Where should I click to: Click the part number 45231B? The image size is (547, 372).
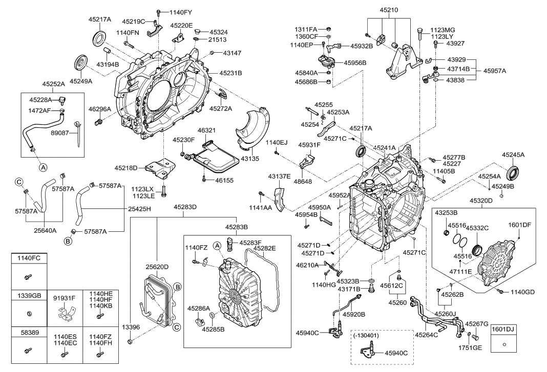click(231, 74)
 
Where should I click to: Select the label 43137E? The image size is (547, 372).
click(279, 177)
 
